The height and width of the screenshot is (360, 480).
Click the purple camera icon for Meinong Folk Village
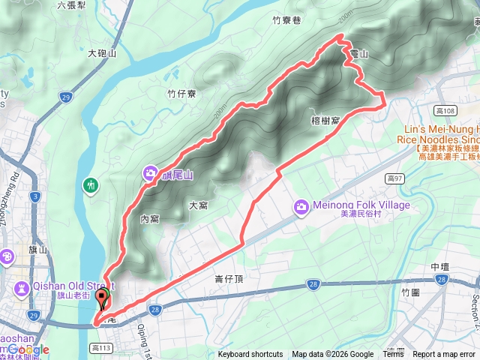pyautogui.click(x=301, y=205)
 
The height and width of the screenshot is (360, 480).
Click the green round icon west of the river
pyautogui.click(x=91, y=184)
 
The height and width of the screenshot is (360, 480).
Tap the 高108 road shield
pyautogui.click(x=445, y=111)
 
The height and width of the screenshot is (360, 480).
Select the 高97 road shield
pyautogui.click(x=396, y=178)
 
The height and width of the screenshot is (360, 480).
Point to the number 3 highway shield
pyautogui.click(x=34, y=196)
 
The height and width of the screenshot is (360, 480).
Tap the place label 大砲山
pyautogui.click(x=102, y=54)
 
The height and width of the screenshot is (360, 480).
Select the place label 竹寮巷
pyautogui.click(x=286, y=22)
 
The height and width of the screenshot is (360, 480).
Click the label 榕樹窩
pyautogui.click(x=325, y=120)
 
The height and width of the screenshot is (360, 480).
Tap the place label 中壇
pyautogui.click(x=440, y=267)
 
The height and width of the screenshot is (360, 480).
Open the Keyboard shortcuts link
pyautogui.click(x=250, y=355)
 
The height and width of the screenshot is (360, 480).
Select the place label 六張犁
pyautogui.click(x=73, y=5)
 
